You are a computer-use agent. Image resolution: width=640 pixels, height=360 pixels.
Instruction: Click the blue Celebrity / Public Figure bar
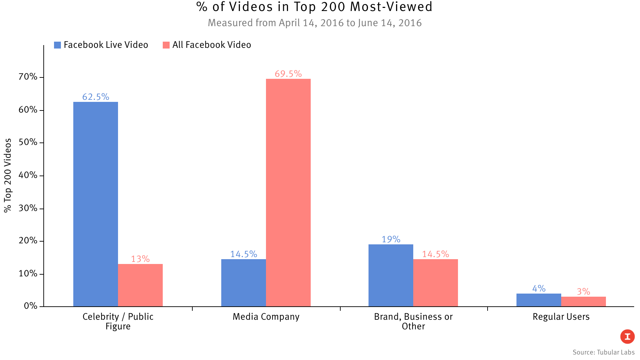(x=96, y=204)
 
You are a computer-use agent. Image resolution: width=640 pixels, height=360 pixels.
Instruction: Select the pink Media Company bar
(x=288, y=192)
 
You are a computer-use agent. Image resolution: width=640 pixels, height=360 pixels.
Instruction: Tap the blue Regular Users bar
(x=538, y=300)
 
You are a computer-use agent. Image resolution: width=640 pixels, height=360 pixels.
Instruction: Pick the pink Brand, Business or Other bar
(x=436, y=283)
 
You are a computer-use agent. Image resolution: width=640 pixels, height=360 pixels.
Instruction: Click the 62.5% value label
(x=96, y=97)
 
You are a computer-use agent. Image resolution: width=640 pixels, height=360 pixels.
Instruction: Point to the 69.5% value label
(x=288, y=74)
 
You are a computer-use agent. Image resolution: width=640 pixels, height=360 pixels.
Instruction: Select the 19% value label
(x=391, y=240)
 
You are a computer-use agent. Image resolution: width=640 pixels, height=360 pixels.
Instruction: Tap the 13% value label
(x=140, y=259)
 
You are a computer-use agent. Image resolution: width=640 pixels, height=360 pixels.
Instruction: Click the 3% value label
(x=584, y=292)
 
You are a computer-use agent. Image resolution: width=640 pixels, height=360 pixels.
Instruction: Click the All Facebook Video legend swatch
(x=166, y=45)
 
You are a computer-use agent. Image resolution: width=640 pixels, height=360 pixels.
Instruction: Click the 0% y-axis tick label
(x=31, y=306)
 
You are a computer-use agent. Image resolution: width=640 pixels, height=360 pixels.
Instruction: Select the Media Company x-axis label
(x=266, y=317)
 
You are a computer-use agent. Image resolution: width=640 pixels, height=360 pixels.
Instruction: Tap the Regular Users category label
(x=561, y=317)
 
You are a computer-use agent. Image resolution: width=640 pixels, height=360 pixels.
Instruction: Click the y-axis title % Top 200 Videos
(x=8, y=176)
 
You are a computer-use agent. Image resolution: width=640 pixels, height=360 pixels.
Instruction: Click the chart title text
(x=314, y=7)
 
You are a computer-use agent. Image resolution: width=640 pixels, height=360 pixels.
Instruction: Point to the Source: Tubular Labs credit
(x=604, y=352)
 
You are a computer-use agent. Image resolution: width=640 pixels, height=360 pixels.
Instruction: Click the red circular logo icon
(x=627, y=337)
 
